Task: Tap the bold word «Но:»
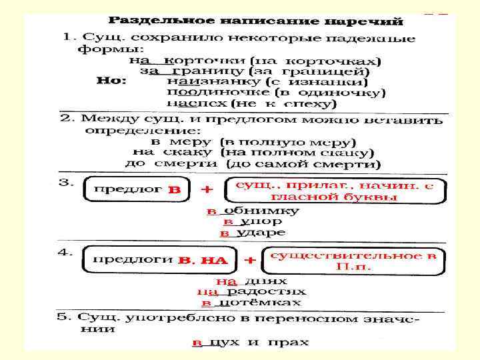[113, 81]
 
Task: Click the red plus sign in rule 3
[207, 189]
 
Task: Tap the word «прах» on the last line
[292, 343]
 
